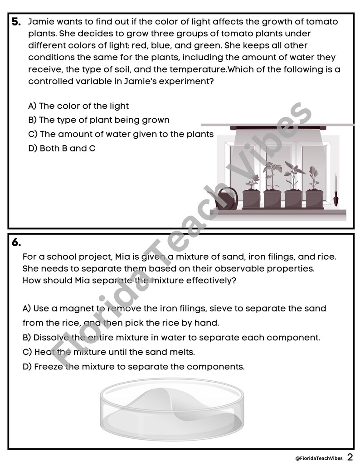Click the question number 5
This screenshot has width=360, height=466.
coord(16,22)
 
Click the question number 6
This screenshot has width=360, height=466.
coord(16,243)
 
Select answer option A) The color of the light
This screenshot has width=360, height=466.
coord(78,106)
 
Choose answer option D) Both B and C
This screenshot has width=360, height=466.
coord(62,148)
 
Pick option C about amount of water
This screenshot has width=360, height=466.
coord(121,134)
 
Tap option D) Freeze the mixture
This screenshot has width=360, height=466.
coord(133,367)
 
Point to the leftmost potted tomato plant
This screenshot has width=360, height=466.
coord(251,193)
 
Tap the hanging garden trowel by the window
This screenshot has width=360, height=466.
coord(336,190)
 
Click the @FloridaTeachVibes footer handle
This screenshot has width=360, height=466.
coord(319,457)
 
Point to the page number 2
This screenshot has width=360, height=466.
coord(350,456)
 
